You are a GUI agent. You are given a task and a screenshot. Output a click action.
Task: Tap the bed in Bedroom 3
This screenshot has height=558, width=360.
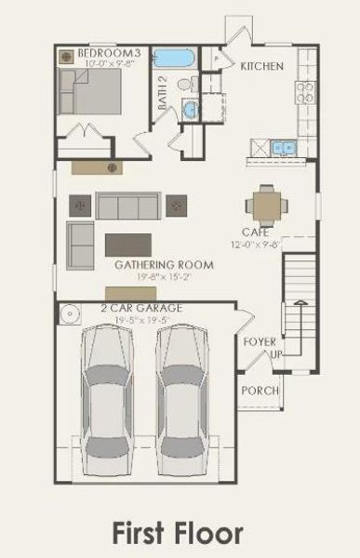tap(89, 91)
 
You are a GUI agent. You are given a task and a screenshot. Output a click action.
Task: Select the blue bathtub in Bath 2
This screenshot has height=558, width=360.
tap(173, 59)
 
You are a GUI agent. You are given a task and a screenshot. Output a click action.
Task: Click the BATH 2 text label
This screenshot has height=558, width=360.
tap(162, 93)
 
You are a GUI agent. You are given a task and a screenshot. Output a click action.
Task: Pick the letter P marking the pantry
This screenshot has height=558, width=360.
tap(214, 59)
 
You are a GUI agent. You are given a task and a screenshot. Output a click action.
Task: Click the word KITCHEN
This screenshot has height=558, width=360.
tap(261, 66)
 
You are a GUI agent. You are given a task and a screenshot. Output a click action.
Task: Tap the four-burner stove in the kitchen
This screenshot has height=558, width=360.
tap(305, 91)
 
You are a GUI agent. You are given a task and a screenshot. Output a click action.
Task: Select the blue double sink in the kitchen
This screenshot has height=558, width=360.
tap(282, 147)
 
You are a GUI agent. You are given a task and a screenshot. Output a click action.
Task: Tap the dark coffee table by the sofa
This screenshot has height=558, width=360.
tap(128, 244)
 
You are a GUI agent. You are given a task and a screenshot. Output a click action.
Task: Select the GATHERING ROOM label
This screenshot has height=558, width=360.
tap(164, 265)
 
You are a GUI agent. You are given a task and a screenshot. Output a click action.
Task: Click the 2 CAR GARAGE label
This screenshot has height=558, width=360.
tap(141, 308)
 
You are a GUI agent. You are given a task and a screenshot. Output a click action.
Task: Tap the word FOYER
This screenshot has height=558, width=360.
tap(260, 342)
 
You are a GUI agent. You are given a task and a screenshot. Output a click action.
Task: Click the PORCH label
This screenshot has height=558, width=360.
tap(260, 391)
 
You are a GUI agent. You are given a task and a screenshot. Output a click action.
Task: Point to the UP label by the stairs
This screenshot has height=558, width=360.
tap(274, 354)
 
